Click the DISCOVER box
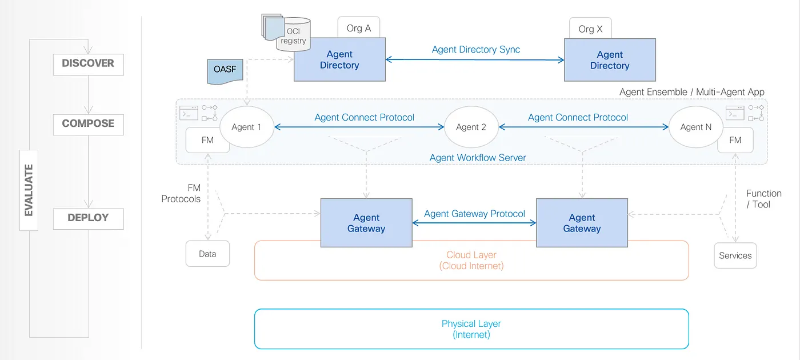88,64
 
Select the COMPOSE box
88,125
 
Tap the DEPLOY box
88,218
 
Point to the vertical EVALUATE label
29,190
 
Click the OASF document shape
225,71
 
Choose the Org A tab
359,27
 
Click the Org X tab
590,28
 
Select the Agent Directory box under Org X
610,60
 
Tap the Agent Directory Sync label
475,49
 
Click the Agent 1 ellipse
247,127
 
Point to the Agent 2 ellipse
471,127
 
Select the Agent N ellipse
696,127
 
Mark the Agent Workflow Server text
478,158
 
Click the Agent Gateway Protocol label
474,214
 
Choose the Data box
207,254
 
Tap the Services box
735,255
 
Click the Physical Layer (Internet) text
471,329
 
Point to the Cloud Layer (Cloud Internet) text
471,261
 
